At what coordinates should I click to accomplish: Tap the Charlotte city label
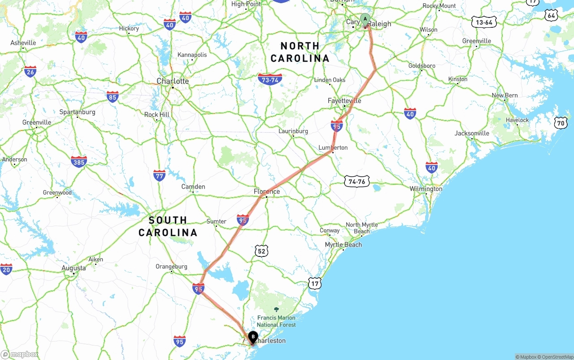pyautogui.click(x=173, y=81)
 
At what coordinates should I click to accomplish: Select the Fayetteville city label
pyautogui.click(x=344, y=101)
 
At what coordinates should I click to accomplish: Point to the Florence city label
pyautogui.click(x=267, y=192)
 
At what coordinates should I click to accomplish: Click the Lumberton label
pyautogui.click(x=333, y=147)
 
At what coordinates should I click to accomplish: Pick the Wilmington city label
pyautogui.click(x=426, y=189)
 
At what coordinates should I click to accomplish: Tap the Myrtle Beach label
pyautogui.click(x=343, y=245)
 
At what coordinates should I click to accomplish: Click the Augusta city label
pyautogui.click(x=74, y=268)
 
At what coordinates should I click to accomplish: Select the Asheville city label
pyautogui.click(x=23, y=43)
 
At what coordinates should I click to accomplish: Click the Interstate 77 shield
pyautogui.click(x=159, y=175)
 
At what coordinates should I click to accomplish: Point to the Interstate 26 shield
pyautogui.click(x=30, y=72)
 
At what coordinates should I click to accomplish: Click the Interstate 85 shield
pyautogui.click(x=113, y=97)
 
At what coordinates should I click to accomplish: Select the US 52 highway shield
pyautogui.click(x=261, y=251)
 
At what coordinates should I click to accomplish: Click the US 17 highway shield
pyautogui.click(x=315, y=283)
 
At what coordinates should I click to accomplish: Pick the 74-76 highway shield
pyautogui.click(x=357, y=182)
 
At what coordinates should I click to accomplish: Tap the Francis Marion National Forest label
pyautogui.click(x=276, y=321)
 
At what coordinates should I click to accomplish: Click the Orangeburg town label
pyautogui.click(x=171, y=266)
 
